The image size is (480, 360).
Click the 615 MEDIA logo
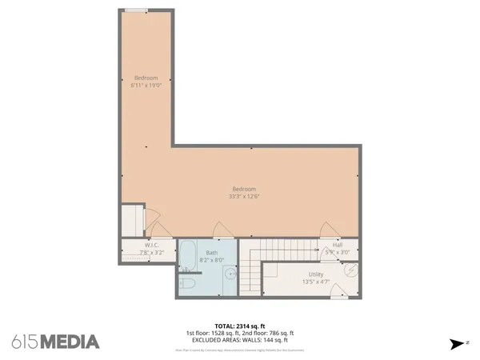tap(56, 342)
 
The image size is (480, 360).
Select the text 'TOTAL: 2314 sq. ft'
tap(239, 326)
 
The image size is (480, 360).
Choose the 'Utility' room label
tap(316, 274)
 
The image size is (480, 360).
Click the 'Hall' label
tap(338, 245)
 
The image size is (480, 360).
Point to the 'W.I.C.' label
tap(150, 246)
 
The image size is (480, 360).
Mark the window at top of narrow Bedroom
tap(135, 10)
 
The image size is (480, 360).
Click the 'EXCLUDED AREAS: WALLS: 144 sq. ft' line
tap(239, 340)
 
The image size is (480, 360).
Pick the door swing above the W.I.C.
tap(156, 227)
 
